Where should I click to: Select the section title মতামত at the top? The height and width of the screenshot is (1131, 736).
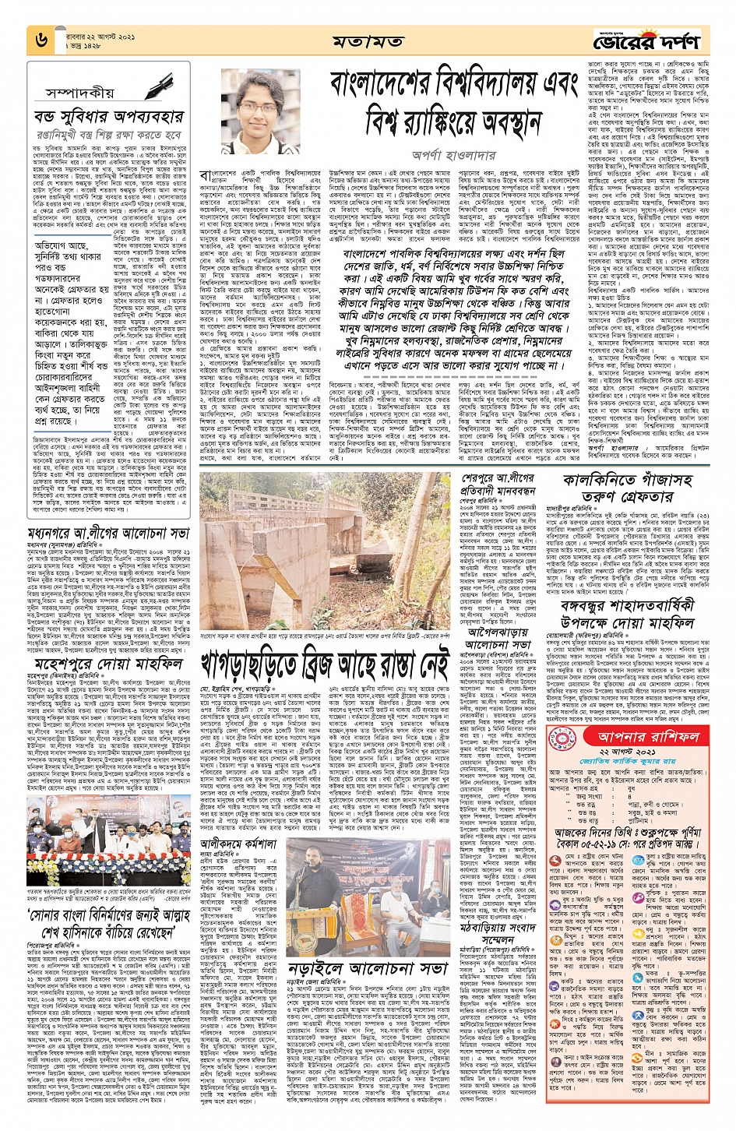click(x=366, y=41)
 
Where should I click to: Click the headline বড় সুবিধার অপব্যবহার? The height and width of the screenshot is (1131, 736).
click(x=108, y=117)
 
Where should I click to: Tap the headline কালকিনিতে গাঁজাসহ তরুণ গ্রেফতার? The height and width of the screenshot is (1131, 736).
click(x=629, y=487)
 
